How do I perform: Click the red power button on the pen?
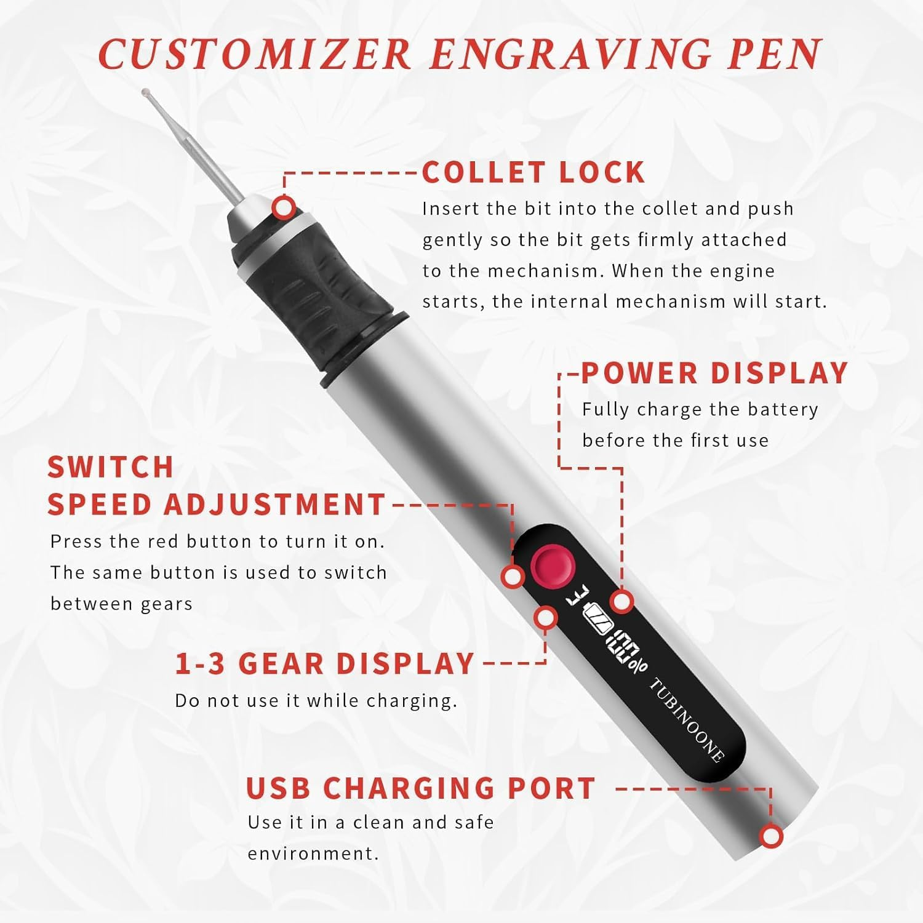coord(551,565)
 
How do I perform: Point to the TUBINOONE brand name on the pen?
coord(686,720)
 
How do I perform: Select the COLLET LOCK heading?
coord(533,172)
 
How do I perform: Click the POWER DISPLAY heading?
coord(714,374)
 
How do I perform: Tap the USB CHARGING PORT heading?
coord(421,788)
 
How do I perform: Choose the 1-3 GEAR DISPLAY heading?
coord(325,664)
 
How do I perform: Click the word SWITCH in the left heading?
coord(111,467)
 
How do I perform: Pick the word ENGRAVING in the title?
coord(570,54)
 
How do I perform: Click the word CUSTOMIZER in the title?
coord(255,54)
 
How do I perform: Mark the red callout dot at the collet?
coord(284,207)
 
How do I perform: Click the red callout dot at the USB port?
coord(771,836)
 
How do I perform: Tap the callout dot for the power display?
coord(622,601)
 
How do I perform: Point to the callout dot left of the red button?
coord(513,577)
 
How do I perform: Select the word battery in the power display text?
coord(782,410)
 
